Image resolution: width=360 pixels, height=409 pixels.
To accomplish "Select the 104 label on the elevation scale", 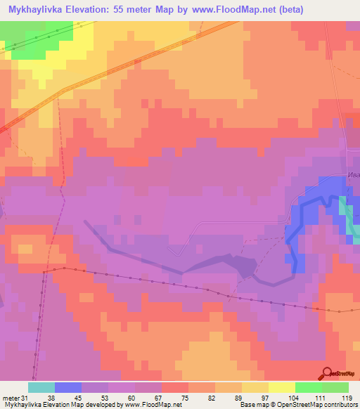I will pos(296,397).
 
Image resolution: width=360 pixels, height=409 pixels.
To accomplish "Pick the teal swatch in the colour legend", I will pos(41,387).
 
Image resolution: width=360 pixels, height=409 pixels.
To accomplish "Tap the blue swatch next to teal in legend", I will pos(68,387).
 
